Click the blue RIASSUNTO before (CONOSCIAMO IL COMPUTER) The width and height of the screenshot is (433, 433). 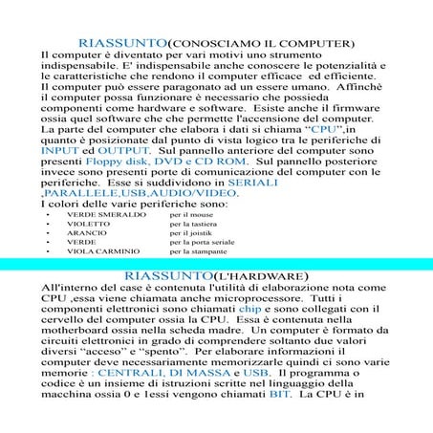tap(122, 44)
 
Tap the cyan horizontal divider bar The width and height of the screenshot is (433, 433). tap(216, 264)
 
